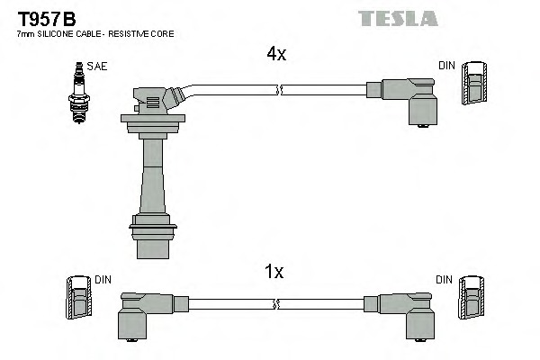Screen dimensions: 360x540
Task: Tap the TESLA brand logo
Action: click(398, 18)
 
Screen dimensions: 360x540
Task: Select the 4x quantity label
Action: click(275, 54)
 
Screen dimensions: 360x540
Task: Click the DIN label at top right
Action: click(446, 66)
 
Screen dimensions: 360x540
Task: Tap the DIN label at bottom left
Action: click(102, 281)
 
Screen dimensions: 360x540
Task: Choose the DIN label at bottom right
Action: click(444, 281)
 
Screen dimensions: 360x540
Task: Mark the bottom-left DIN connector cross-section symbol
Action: click(78, 298)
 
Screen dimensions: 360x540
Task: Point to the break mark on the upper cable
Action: click(280, 90)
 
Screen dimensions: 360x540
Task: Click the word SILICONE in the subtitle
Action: click(49, 33)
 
